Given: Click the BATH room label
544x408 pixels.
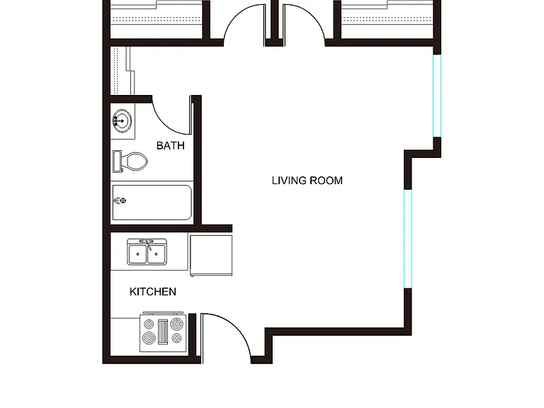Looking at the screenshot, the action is tap(170, 145).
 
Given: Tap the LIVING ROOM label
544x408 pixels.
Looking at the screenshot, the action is tap(307, 181).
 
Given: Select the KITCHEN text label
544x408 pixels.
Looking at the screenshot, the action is tap(153, 292).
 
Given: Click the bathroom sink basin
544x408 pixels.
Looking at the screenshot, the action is tap(122, 120).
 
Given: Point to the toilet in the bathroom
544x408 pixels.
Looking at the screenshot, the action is tap(130, 161).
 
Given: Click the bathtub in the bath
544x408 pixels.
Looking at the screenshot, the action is tap(152, 203).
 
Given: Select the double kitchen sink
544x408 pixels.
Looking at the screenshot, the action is tap(147, 252).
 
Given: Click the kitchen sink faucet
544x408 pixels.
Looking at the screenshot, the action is tap(147, 243).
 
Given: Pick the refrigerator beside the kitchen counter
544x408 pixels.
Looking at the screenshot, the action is tap(211, 256).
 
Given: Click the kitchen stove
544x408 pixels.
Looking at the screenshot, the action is tap(163, 332).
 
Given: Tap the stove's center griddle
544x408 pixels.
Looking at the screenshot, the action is tap(163, 332).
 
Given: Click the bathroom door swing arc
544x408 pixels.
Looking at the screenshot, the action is tap(166, 123).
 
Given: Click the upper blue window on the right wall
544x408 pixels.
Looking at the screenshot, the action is tap(437, 96).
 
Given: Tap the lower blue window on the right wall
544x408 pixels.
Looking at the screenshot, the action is tap(408, 239).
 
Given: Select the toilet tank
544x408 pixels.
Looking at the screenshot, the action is tap(117, 161).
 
